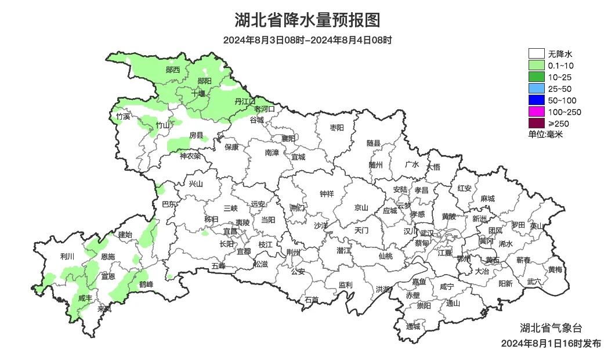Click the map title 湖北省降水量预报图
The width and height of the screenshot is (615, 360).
tap(307, 20)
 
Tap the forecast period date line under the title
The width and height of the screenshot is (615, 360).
tap(307, 40)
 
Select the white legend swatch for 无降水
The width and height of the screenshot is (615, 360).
tap(536, 54)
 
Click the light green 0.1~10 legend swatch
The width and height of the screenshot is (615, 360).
tap(536, 66)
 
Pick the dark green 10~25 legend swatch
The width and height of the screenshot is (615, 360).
tap(536, 77)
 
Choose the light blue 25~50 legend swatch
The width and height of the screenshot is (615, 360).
tap(536, 89)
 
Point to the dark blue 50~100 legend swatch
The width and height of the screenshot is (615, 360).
tap(536, 100)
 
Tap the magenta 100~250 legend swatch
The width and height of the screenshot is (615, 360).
tap(536, 112)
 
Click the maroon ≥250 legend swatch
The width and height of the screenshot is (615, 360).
tap(536, 123)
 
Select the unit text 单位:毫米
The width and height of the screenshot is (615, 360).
tap(545, 134)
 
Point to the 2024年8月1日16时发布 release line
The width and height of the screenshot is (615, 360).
tap(551, 344)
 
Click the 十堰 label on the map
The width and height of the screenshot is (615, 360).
tap(198, 93)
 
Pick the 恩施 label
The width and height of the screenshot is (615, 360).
tap(108, 257)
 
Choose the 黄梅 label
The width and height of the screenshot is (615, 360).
tap(555, 269)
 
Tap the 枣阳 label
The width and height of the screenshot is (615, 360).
tap(337, 127)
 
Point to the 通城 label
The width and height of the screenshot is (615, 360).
tap(413, 327)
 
